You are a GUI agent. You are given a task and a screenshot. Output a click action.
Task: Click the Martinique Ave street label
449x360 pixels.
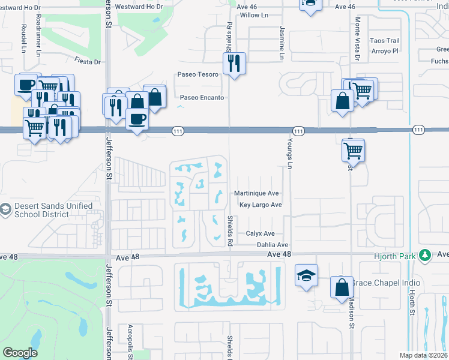[256, 193]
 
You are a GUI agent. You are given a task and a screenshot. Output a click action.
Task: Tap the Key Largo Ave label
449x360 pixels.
[261, 205]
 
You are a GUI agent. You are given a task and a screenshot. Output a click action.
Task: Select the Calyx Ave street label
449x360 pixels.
[260, 233]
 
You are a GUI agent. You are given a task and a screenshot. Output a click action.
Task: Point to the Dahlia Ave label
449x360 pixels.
[273, 245]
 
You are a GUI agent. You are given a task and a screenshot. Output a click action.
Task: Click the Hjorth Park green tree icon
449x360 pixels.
[426, 254]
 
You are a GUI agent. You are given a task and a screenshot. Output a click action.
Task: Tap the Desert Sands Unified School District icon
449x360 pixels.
[6, 210]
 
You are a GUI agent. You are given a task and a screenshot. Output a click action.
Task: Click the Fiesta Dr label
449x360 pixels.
[88, 61]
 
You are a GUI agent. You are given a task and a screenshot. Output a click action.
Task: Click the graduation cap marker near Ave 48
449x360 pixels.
[306, 277]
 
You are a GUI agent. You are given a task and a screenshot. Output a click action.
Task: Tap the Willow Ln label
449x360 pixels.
[253, 15]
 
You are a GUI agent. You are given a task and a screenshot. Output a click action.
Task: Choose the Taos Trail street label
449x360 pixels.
[384, 41]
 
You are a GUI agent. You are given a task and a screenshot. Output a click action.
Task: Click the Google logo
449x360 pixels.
[20, 353]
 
